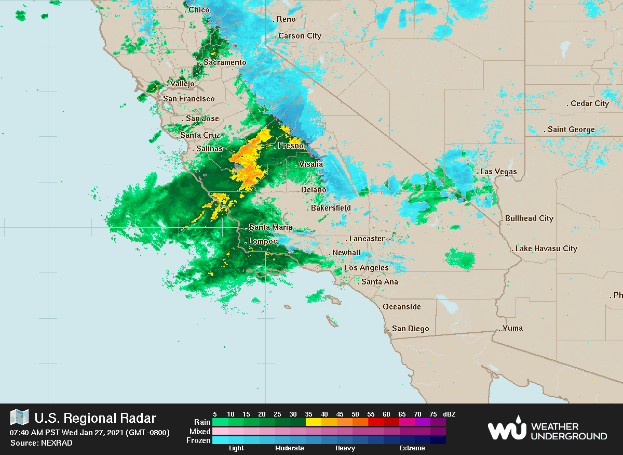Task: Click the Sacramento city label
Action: [x=224, y=62]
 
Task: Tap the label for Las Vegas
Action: [x=498, y=172]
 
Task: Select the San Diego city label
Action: [x=410, y=329]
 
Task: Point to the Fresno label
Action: [x=290, y=146]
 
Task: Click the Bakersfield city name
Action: [x=331, y=208]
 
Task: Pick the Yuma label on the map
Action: [x=512, y=328]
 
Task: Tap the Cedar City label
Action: [x=589, y=103]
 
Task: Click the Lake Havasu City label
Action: [x=546, y=249]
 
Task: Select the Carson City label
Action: [x=300, y=36]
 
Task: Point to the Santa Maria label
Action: [x=270, y=227]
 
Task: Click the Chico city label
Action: [x=199, y=10]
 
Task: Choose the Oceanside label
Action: [x=402, y=307]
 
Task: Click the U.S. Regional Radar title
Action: [x=95, y=418]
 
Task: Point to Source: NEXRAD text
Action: [x=42, y=443]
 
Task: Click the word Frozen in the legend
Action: [x=198, y=440]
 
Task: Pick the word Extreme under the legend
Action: [x=412, y=448]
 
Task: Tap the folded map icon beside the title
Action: [x=20, y=417]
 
